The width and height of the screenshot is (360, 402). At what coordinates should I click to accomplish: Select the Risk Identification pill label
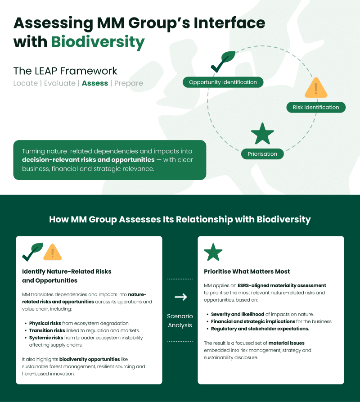316,107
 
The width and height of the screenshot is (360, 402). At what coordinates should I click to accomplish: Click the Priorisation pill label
262,154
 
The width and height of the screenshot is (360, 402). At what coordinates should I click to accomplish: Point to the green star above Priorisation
262,133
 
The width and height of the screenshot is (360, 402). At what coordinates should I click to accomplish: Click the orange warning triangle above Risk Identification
316,88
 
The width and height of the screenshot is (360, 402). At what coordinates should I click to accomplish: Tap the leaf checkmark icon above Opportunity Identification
223,62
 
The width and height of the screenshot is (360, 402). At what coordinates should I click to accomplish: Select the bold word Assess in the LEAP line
94,83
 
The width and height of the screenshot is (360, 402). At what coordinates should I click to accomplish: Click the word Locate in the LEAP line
26,83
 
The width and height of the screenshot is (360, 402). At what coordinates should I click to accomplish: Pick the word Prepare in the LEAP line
129,83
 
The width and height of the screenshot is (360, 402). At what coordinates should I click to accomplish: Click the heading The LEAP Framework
65,71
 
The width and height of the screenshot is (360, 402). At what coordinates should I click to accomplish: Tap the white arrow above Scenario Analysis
180,297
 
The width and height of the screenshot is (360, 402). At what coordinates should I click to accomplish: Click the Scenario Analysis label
180,321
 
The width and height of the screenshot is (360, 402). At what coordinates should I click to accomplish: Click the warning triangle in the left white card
52,252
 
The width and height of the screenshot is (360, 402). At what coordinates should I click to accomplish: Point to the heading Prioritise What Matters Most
247,271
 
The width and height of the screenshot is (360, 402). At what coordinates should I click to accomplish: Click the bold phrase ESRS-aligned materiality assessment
282,285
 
